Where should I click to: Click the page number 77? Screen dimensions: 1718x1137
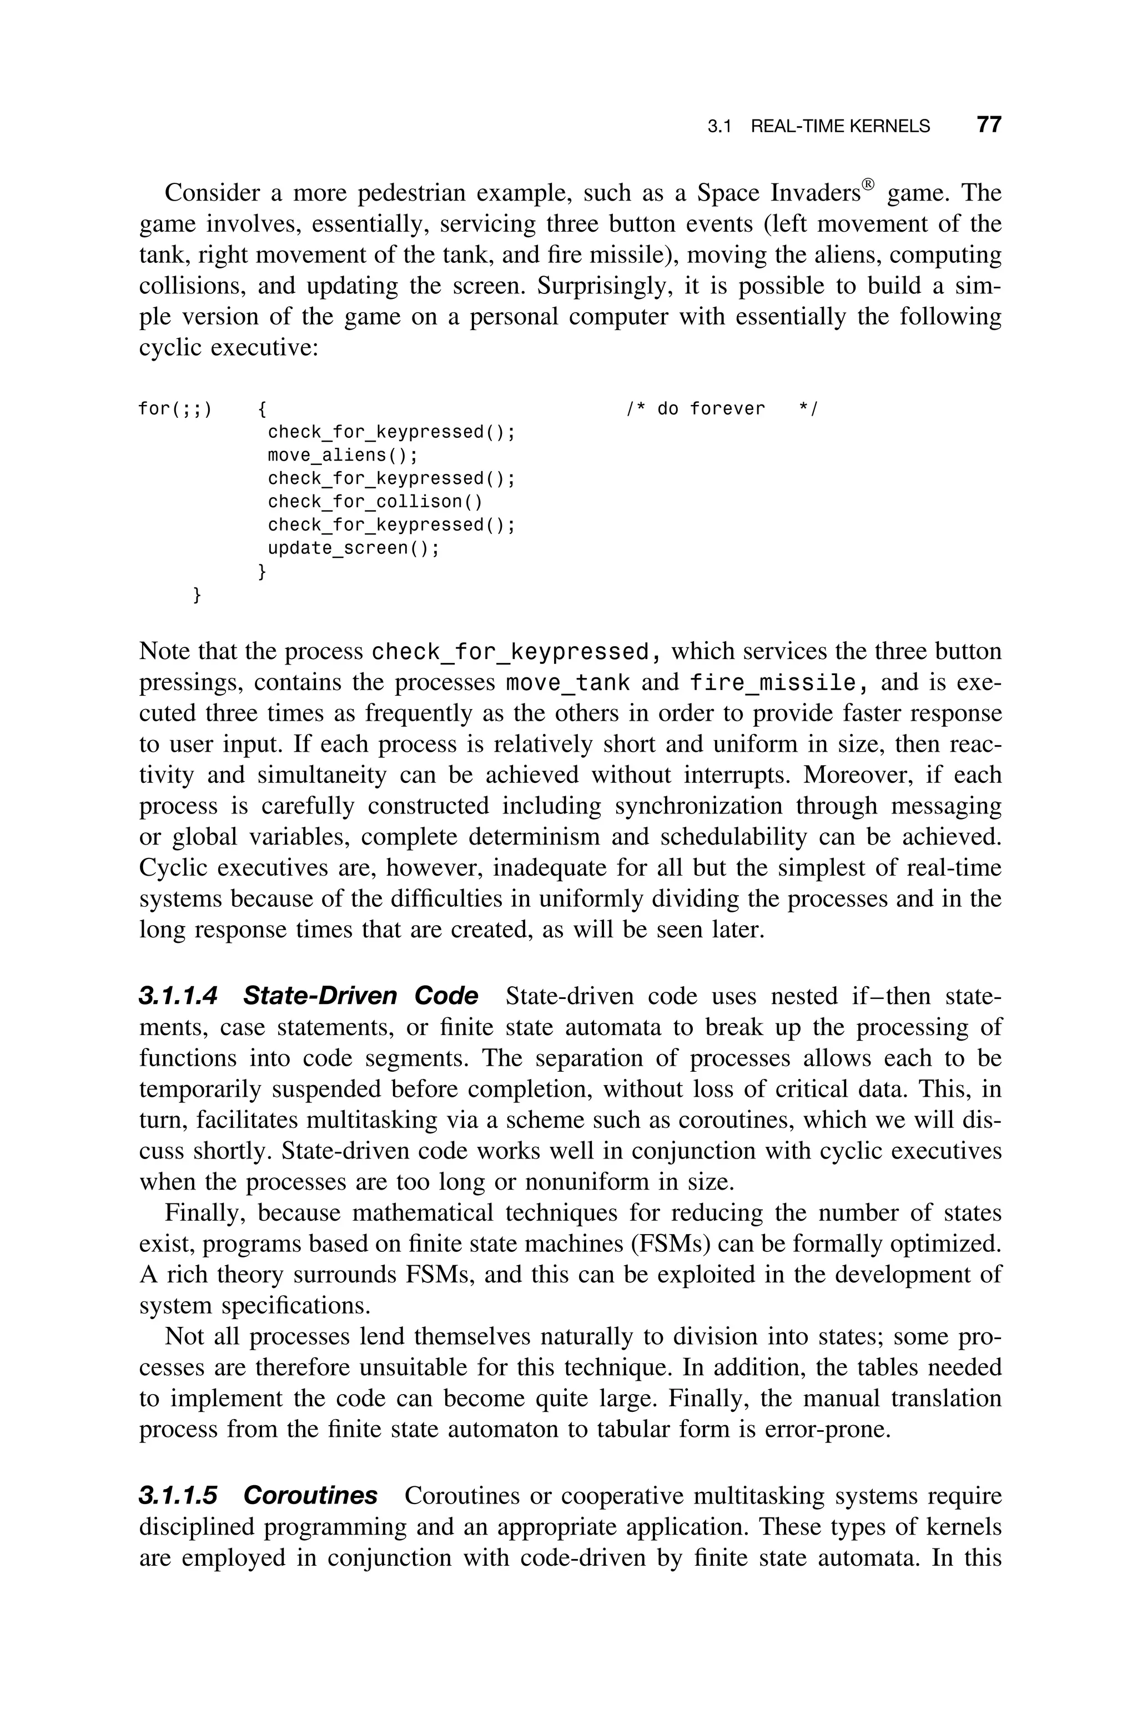click(x=988, y=125)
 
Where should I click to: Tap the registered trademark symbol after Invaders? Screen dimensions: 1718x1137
click(x=868, y=183)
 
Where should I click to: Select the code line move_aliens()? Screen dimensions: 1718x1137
click(x=343, y=455)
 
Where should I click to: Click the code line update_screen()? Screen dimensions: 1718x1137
click(x=354, y=548)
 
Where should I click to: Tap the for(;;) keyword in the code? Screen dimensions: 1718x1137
click(x=175, y=408)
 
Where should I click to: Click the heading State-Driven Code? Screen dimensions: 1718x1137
click(x=360, y=995)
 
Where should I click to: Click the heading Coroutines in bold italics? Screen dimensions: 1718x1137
click(x=310, y=1495)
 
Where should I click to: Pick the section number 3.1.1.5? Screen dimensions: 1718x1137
click(x=178, y=1495)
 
